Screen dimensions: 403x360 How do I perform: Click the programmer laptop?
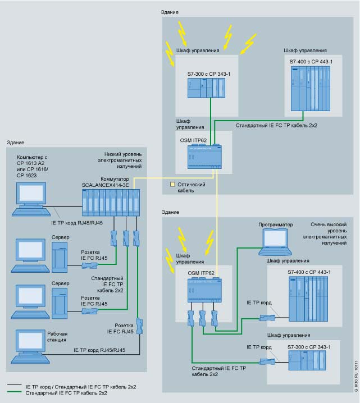(276, 242)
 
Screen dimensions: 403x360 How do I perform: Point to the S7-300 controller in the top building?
(206, 88)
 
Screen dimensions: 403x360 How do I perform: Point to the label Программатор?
(275, 225)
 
